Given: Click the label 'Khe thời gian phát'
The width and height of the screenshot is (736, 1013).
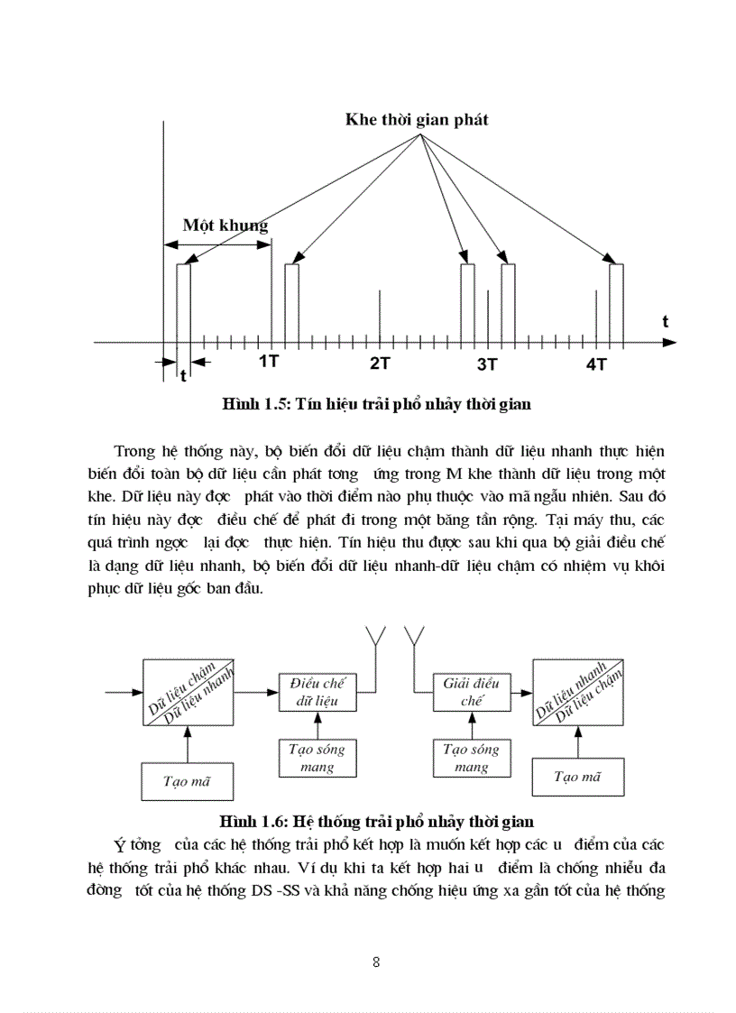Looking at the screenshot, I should click(x=417, y=120).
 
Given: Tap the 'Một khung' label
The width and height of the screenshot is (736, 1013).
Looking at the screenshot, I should click(x=225, y=225).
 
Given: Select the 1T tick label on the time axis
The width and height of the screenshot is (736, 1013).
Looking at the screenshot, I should click(x=268, y=363).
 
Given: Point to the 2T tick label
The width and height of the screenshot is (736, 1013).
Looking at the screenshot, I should click(x=380, y=364).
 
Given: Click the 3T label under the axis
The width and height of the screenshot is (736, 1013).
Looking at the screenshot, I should click(x=487, y=364).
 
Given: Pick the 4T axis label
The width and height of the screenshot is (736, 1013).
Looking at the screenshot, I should click(x=596, y=364).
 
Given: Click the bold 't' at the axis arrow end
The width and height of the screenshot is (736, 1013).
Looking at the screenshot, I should click(x=665, y=321).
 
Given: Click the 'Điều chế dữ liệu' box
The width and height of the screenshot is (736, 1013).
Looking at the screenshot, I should click(x=317, y=692).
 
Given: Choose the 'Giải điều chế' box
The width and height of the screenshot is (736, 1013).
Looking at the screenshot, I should click(x=472, y=692).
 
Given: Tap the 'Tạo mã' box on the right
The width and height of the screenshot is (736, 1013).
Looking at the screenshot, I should click(x=577, y=777).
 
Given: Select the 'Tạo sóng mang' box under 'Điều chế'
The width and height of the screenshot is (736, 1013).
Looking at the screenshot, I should click(x=317, y=758).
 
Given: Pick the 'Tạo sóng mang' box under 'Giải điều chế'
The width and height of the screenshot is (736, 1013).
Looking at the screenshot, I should click(x=472, y=758).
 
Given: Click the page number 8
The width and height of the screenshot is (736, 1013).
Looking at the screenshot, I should click(x=376, y=962).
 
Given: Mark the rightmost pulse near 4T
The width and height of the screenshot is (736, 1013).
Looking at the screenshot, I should click(x=617, y=303).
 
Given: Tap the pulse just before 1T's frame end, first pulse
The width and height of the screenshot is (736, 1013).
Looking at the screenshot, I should click(x=184, y=303).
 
